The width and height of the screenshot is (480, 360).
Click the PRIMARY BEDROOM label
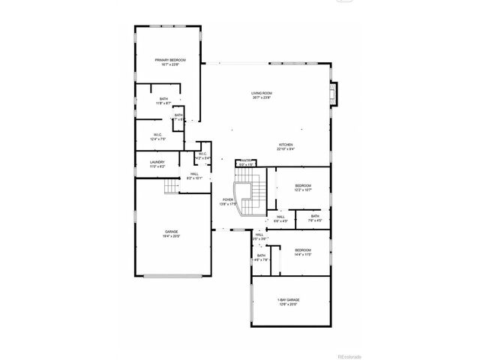point(170,59)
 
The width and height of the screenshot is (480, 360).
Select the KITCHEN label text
point(286,145)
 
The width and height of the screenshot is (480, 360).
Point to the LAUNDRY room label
point(157,162)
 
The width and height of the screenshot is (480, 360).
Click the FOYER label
point(227,199)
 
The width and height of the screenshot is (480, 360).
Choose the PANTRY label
point(245,160)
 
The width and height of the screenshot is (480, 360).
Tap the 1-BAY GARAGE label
point(288,300)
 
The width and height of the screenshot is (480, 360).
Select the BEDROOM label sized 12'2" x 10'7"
point(303,185)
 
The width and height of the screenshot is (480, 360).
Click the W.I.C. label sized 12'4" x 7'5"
point(157,135)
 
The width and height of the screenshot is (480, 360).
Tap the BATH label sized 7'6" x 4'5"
point(315,216)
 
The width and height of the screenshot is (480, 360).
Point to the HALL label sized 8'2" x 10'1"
point(193,174)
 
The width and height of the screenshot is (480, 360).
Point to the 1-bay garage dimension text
point(288,304)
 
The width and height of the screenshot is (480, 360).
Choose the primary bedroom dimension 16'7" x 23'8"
point(170,64)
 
